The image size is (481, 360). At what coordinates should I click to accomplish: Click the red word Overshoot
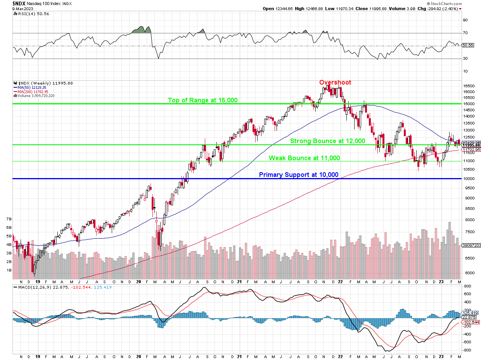[335, 82]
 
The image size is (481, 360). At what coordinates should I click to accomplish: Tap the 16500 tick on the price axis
[469, 86]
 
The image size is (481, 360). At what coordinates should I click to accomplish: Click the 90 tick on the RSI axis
[465, 20]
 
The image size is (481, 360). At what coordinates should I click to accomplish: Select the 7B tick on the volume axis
[9, 219]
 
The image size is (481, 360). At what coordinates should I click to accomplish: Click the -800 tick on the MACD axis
[467, 350]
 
